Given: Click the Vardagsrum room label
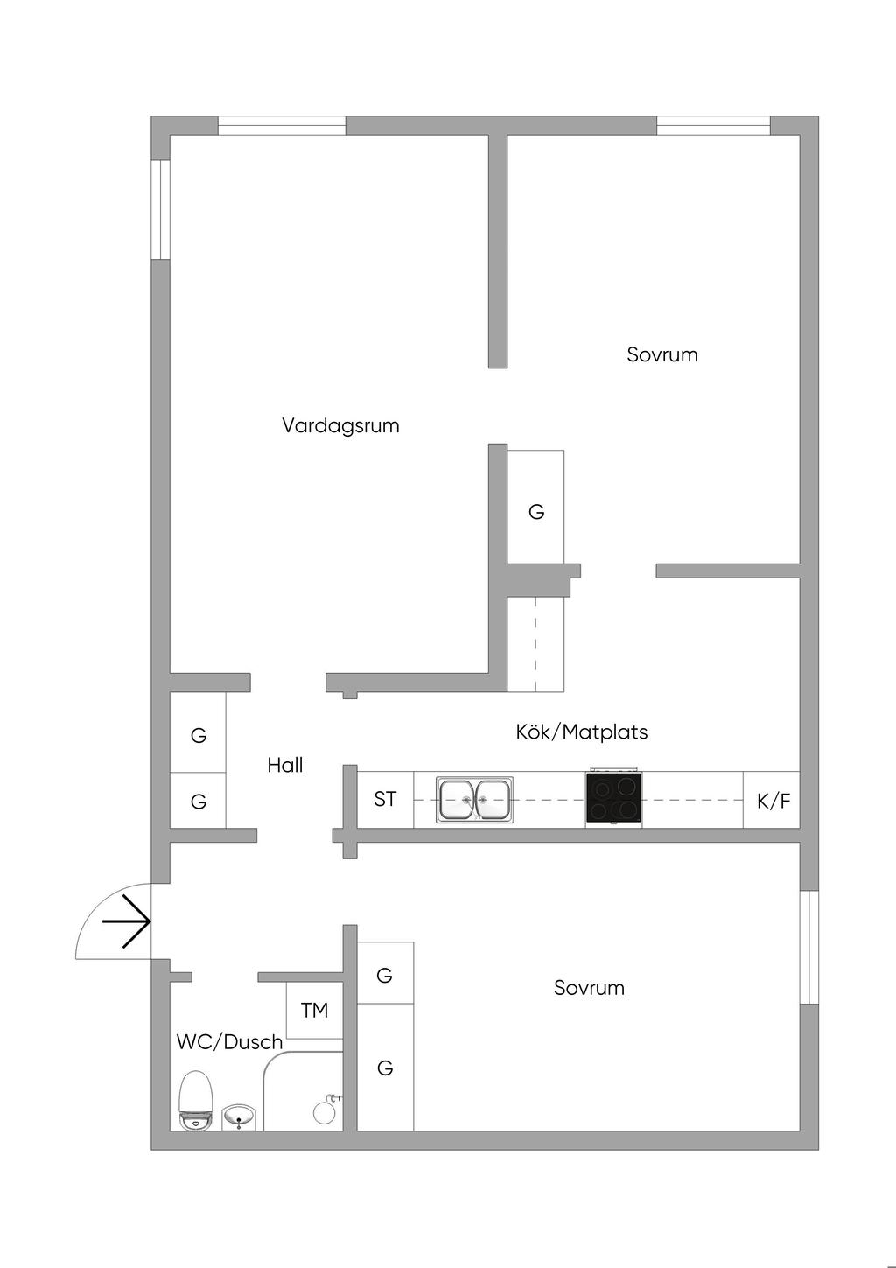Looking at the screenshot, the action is pos(340,425).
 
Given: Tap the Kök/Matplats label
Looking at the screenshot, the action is pos(581,732).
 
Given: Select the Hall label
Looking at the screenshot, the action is pos(284,766).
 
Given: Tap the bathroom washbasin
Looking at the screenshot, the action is pos(238,1117).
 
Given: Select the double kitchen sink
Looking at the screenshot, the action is pos(474,799).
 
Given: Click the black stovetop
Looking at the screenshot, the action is pos(613,797).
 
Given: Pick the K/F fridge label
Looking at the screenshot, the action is pos(773,801).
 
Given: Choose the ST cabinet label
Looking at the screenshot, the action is pos(385,799).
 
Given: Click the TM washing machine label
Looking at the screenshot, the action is pos(314,1010).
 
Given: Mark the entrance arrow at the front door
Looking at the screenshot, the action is pos(126,921).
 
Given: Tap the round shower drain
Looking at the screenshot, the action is pos(324,1113).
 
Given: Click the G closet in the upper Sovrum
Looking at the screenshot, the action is pos(536,512).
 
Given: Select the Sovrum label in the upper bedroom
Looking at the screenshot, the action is pos(662,355).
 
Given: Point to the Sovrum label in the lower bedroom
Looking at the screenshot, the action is pos(589,988).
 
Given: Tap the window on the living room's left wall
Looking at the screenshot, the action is pos(161,209).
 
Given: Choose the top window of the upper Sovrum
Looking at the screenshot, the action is pos(713,125).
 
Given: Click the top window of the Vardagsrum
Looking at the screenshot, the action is pos(282,125).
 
